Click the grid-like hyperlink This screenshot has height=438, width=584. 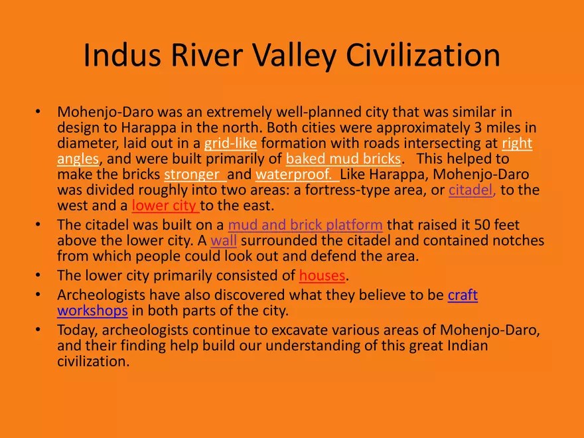pos(230,143)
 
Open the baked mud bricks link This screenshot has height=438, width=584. pos(343,159)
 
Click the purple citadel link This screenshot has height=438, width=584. pos(472,190)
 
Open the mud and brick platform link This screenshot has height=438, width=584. pos(305,225)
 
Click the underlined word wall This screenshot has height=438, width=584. pos(224,240)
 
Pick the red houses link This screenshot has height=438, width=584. pos(323,275)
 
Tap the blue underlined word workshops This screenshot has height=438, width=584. pos(92,311)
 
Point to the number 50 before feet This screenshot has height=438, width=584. pos(452,225)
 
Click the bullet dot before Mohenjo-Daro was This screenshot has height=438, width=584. pos(39,112)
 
